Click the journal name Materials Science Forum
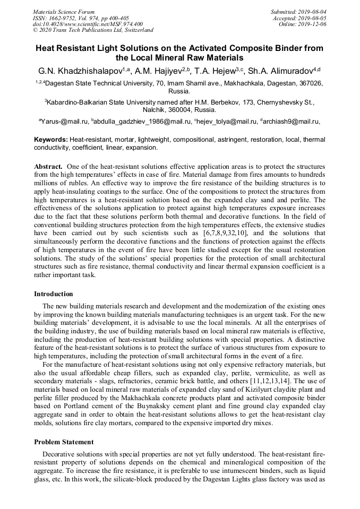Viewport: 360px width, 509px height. point(64,12)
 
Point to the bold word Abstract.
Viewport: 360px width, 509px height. point(49,166)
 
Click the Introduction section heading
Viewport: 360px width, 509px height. point(54,294)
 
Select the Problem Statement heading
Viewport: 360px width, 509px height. point(64,442)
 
